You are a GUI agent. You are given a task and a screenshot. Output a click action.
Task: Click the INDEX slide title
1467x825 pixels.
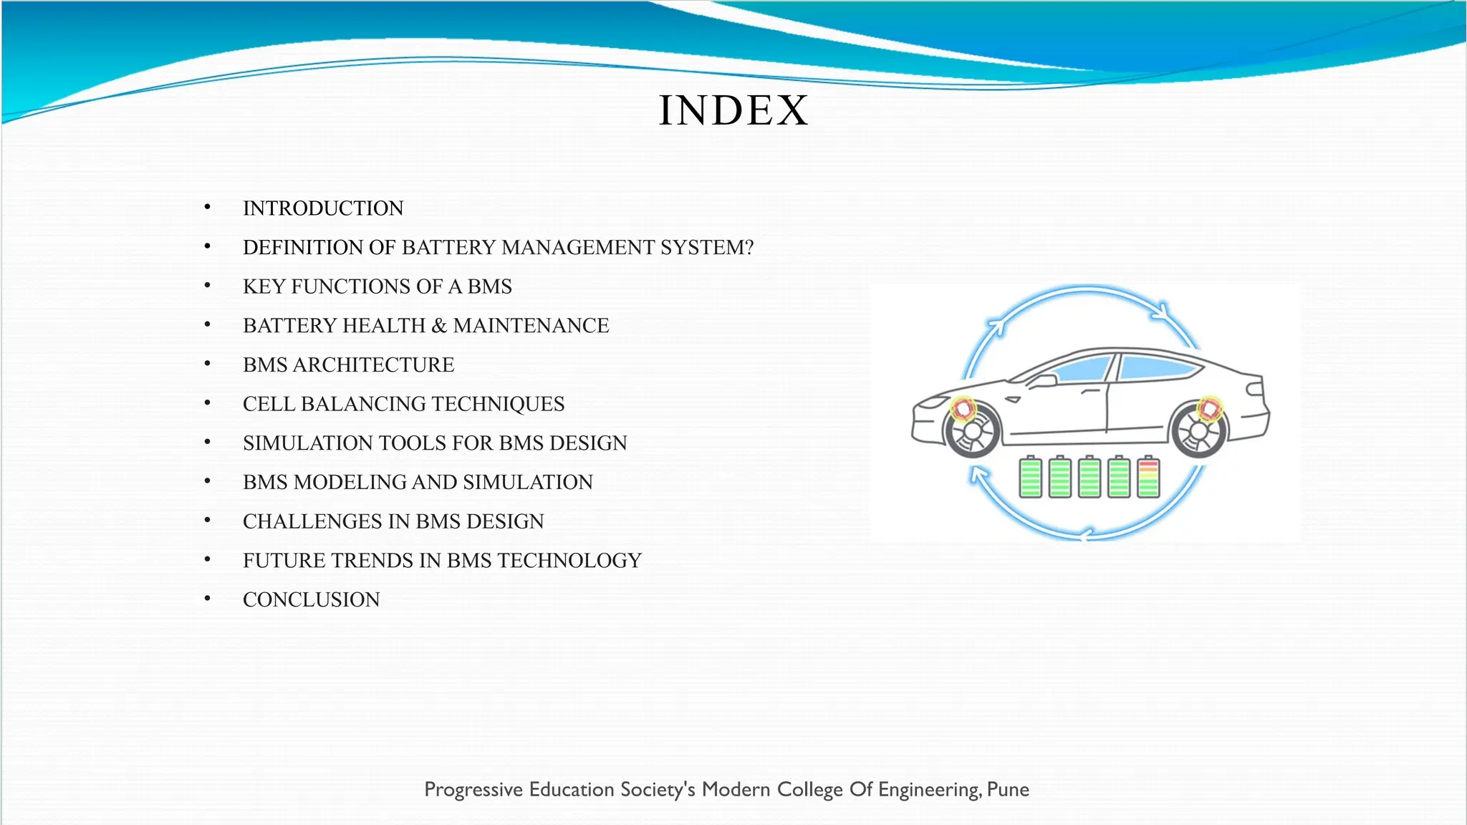coord(733,111)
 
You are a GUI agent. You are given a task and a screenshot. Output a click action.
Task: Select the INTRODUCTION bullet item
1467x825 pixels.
coord(323,208)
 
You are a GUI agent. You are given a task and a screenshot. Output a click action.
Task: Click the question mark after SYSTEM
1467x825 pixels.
coord(749,248)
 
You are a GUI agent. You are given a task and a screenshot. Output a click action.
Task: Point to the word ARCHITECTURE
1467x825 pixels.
coord(373,365)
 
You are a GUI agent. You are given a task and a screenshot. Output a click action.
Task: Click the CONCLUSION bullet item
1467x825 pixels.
coord(311,600)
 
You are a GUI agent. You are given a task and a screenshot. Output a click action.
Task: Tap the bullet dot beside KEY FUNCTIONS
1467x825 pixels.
coord(208,286)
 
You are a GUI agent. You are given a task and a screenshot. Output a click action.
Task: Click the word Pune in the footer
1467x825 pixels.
coord(1008,790)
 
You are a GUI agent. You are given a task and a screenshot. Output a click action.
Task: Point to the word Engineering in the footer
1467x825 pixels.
coord(928,790)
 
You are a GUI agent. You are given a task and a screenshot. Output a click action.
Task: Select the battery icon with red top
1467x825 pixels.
coord(1148,477)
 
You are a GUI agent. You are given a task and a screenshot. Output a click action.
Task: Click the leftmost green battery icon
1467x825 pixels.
coord(1031,477)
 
